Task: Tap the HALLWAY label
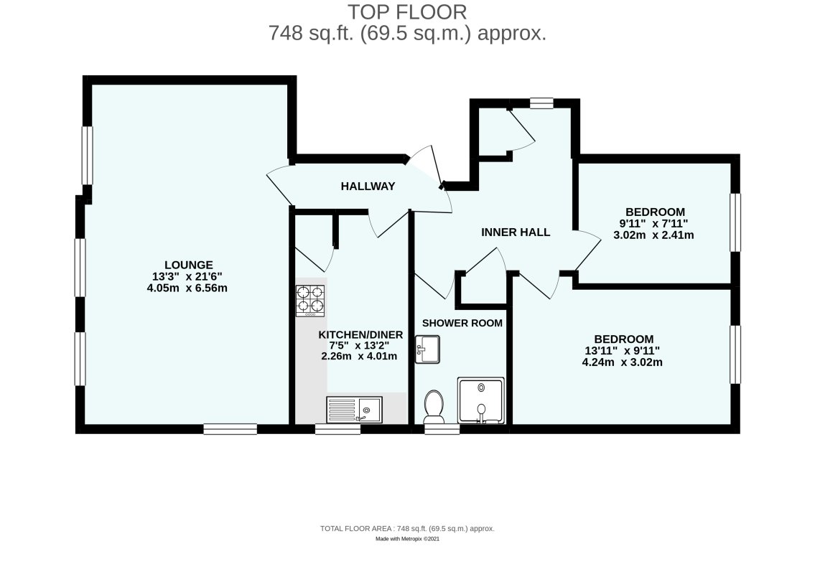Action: point(368,187)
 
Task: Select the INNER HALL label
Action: point(516,232)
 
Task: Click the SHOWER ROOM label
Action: point(462,323)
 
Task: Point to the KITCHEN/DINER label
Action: point(360,335)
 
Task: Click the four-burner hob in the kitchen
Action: point(310,301)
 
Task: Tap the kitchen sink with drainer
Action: point(355,410)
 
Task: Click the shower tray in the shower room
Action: point(480,400)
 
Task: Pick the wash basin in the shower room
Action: point(430,349)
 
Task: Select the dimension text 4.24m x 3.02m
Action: point(623,362)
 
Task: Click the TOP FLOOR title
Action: point(407,12)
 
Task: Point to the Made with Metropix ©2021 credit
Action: point(407,539)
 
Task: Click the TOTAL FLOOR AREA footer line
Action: point(407,528)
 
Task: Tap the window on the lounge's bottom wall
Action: point(230,429)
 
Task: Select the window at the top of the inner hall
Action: point(541,103)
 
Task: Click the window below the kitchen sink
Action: point(337,429)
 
